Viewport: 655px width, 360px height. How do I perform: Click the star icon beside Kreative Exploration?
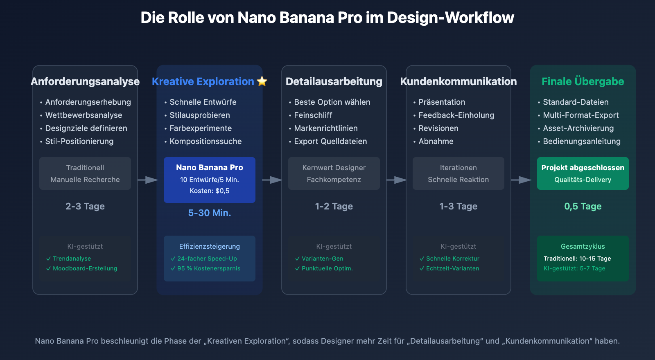coord(262,81)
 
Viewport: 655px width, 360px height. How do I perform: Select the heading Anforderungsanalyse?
coord(85,81)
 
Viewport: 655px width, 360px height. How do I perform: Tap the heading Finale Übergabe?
coord(583,81)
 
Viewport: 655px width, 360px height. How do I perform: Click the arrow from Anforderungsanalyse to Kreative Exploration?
coord(147,180)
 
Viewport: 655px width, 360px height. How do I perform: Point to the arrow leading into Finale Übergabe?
coord(521,180)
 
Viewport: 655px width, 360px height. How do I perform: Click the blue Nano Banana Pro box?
coord(210,180)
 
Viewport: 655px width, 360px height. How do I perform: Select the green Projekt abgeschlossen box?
coord(583,173)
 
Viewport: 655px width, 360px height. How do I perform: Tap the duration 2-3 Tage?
coord(85,206)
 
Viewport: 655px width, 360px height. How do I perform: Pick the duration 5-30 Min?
coord(210,213)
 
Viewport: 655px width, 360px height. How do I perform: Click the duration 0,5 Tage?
coord(583,206)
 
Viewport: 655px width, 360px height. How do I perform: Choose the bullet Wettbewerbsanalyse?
coord(84,115)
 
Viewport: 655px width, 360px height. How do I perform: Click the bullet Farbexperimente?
coord(201,128)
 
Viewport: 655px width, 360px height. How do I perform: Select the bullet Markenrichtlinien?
coord(326,128)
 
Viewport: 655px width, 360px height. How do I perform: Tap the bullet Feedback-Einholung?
coord(456,115)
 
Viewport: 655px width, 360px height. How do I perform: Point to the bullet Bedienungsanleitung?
coord(581,141)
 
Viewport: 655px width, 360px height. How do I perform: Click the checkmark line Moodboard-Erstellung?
coord(85,268)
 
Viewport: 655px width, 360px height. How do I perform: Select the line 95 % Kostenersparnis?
coord(208,268)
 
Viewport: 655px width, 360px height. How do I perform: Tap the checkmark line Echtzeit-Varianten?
coord(452,268)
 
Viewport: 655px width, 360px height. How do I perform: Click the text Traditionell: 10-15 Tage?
coord(577,259)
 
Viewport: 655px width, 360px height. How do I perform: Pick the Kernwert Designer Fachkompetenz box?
coord(334,173)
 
